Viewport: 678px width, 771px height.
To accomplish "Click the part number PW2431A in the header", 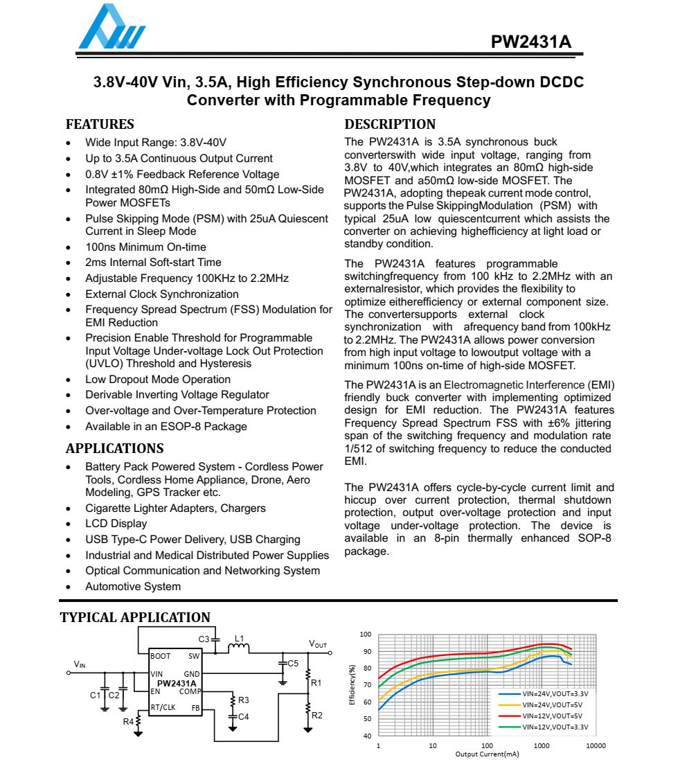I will (531, 42).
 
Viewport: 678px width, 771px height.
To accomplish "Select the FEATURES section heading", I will (100, 125).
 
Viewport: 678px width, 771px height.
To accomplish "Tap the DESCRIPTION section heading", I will (390, 125).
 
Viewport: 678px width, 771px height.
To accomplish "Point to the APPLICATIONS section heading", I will (114, 448).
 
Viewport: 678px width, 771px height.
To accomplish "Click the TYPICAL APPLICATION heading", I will (135, 617).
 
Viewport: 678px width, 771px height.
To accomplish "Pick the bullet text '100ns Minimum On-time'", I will (145, 247).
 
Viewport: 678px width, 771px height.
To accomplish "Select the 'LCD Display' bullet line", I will (116, 524).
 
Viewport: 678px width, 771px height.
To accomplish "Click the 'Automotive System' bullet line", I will (133, 587).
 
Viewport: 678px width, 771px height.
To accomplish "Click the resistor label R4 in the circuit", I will (128, 722).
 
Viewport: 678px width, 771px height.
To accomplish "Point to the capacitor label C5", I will (293, 664).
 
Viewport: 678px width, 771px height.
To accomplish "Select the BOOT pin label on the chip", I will (161, 656).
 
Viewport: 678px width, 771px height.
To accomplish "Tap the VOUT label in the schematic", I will (317, 644).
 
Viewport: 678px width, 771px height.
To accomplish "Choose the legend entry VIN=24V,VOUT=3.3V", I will (555, 693).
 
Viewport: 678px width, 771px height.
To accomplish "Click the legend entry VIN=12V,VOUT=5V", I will (552, 716).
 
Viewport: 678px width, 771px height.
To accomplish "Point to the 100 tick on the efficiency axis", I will (366, 635).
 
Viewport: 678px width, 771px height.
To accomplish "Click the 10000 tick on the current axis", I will (596, 746).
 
